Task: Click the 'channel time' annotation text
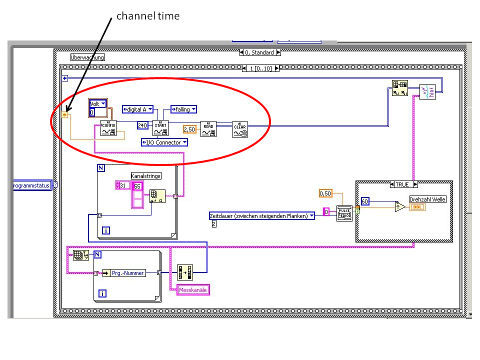pyautogui.click(x=147, y=16)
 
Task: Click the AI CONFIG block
pyautogui.click(x=108, y=128)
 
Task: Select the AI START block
pyautogui.click(x=160, y=128)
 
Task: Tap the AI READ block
pyautogui.click(x=208, y=128)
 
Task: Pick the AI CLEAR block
pyautogui.click(x=240, y=128)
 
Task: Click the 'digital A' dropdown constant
pyautogui.click(x=137, y=109)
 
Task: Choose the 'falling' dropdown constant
pyautogui.click(x=183, y=109)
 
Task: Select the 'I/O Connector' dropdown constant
pyautogui.click(x=164, y=142)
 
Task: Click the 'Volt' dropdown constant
pyautogui.click(x=97, y=104)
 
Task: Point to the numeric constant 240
pyautogui.click(x=143, y=125)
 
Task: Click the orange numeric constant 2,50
pyautogui.click(x=189, y=129)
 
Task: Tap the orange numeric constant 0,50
pyautogui.click(x=326, y=193)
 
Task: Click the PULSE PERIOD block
pyautogui.click(x=344, y=213)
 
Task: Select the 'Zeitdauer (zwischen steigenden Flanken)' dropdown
pyautogui.click(x=261, y=216)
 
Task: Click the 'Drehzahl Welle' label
pyautogui.click(x=427, y=199)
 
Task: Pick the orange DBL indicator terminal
pyautogui.click(x=417, y=207)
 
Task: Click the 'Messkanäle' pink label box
pyautogui.click(x=194, y=290)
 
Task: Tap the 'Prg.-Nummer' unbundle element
pyautogui.click(x=128, y=273)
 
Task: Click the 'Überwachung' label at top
pyautogui.click(x=88, y=57)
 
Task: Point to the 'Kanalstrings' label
pyautogui.click(x=146, y=176)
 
